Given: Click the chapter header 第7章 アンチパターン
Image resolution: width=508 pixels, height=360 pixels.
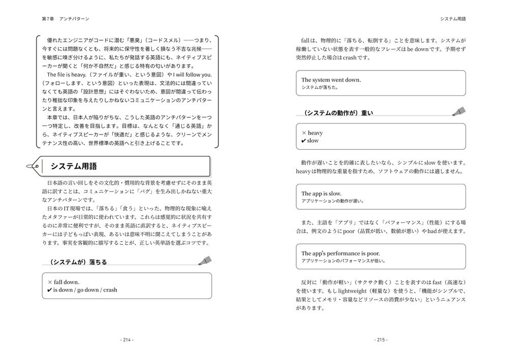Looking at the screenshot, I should (66, 19).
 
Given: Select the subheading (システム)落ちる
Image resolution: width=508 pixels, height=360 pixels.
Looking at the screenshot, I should (78, 263).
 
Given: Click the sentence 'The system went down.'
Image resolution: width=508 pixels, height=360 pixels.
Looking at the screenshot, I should (331, 80).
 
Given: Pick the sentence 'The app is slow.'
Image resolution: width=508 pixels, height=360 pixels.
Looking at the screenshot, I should (321, 193).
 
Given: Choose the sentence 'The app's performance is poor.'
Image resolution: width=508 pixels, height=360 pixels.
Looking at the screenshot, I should (340, 253).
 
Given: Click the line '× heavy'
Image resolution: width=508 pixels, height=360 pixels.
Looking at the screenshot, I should (312, 133).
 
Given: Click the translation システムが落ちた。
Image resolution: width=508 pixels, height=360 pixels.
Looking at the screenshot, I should (320, 87).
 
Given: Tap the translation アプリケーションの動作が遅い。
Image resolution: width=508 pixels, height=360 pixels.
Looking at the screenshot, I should (333, 201).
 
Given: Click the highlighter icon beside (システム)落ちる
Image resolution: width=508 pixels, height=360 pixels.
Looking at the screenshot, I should (205, 261).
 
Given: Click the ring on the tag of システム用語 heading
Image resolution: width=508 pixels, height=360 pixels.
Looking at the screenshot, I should (35, 166).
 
